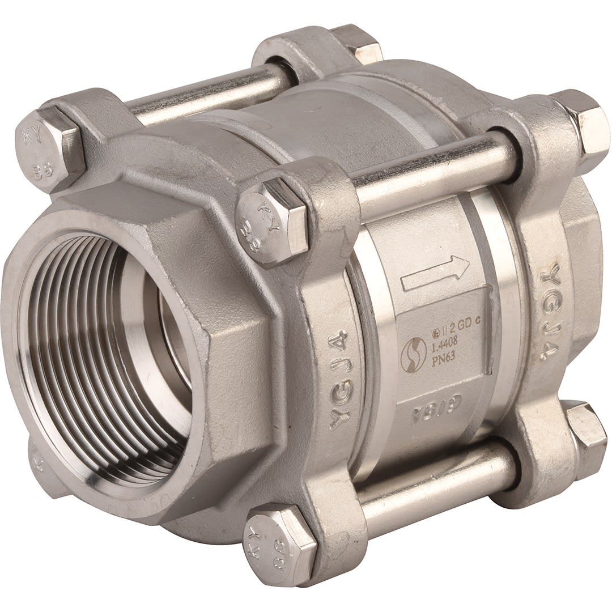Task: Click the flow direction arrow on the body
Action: tap(435, 273)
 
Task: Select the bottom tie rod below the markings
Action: tap(436, 487)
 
